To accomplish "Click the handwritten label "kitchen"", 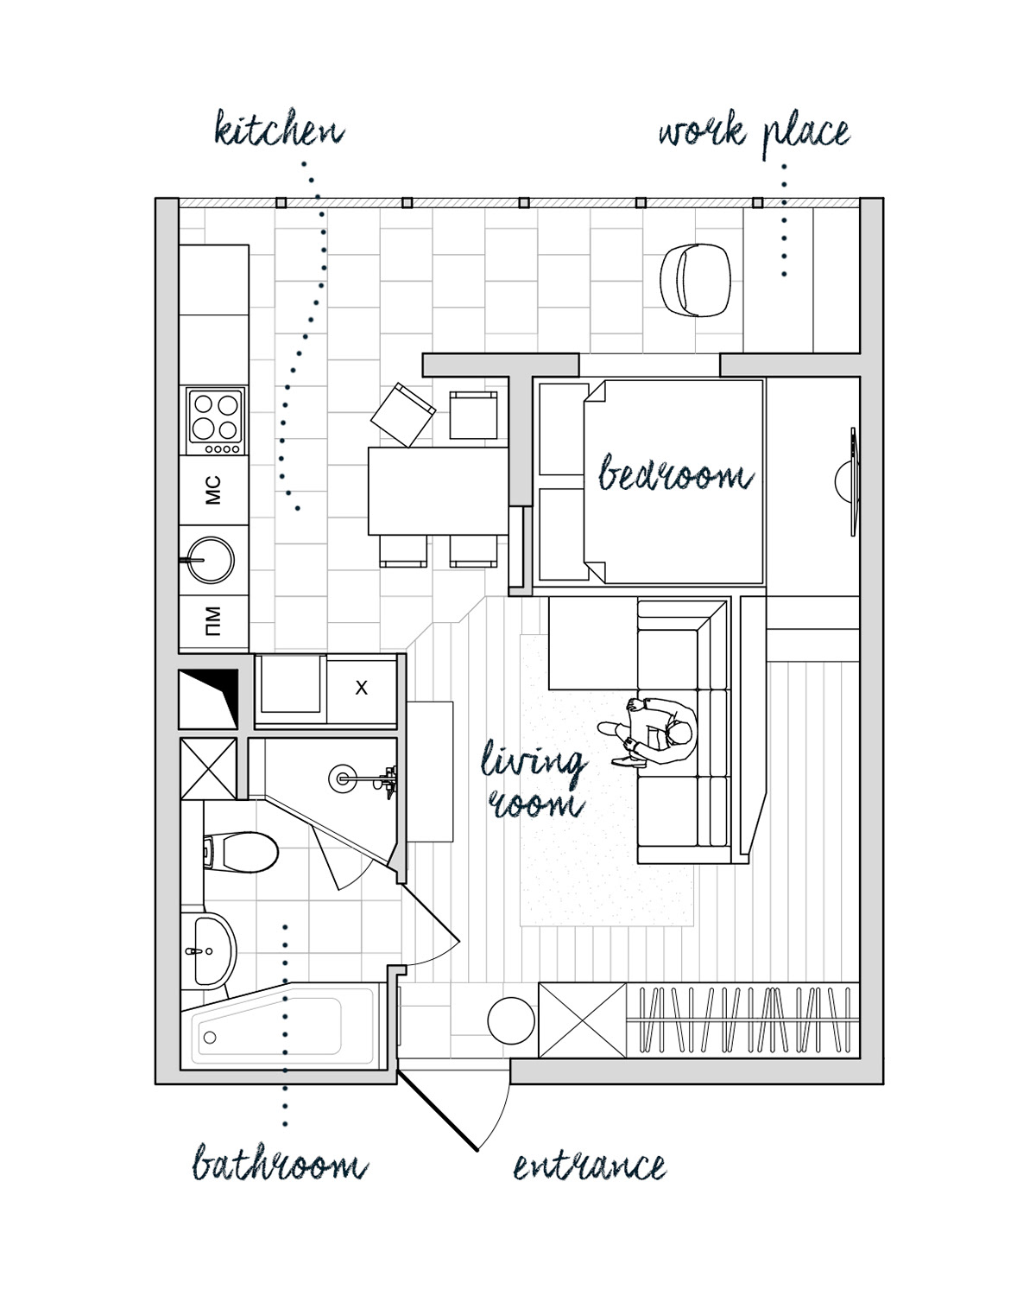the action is (x=280, y=128).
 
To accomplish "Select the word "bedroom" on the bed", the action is (x=675, y=473).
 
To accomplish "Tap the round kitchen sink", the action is (x=211, y=560).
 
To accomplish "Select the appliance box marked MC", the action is (x=214, y=490).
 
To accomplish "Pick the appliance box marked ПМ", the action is (x=214, y=621).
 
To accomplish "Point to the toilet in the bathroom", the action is (x=241, y=852).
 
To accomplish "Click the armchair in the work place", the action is (x=695, y=280).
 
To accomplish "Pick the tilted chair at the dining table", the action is (x=402, y=415).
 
